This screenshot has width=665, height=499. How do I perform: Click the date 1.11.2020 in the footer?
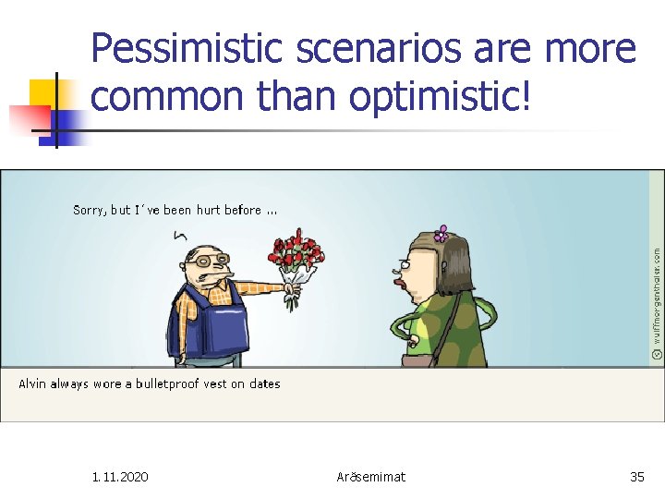tap(120, 477)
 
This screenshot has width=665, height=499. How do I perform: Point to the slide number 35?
tap(636, 477)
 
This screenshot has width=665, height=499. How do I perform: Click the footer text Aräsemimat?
tap(371, 477)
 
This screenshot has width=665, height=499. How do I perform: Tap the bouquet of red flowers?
tap(296, 259)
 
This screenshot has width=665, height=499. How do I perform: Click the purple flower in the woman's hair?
tap(441, 234)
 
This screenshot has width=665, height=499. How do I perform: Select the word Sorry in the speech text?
tap(90, 211)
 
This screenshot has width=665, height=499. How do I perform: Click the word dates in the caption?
tap(264, 383)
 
